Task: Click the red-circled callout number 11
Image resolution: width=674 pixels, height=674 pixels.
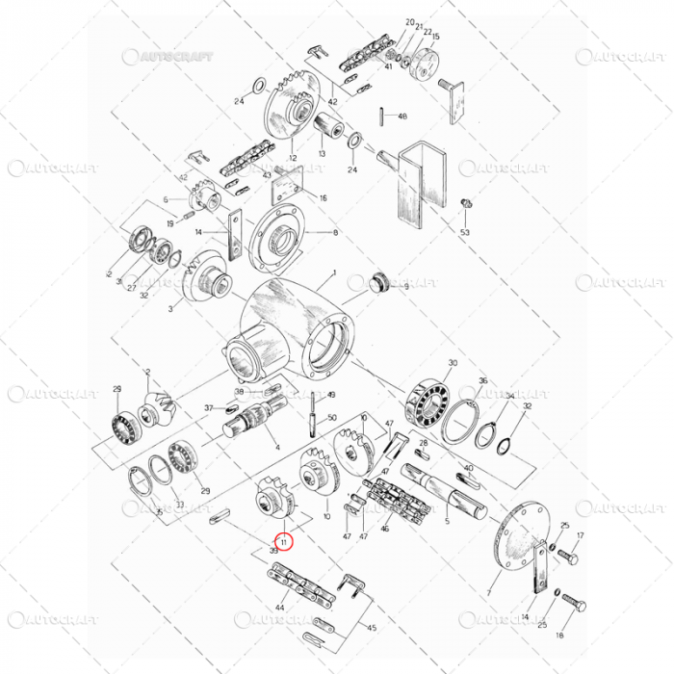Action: (x=284, y=541)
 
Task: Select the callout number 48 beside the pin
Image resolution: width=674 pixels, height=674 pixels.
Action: (x=402, y=117)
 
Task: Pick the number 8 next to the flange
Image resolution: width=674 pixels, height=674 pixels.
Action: (x=335, y=233)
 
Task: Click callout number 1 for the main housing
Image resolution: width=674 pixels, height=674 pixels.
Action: (x=333, y=273)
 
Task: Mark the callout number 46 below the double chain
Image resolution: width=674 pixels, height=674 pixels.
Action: (x=386, y=530)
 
